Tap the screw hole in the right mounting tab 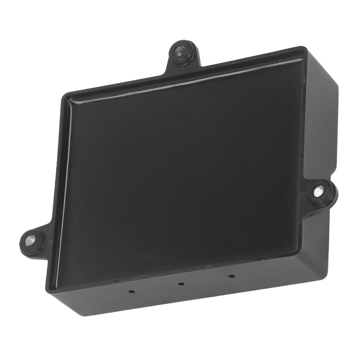(x=320, y=191)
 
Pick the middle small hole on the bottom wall (x=180, y=284)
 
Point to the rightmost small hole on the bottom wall (x=231, y=276)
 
